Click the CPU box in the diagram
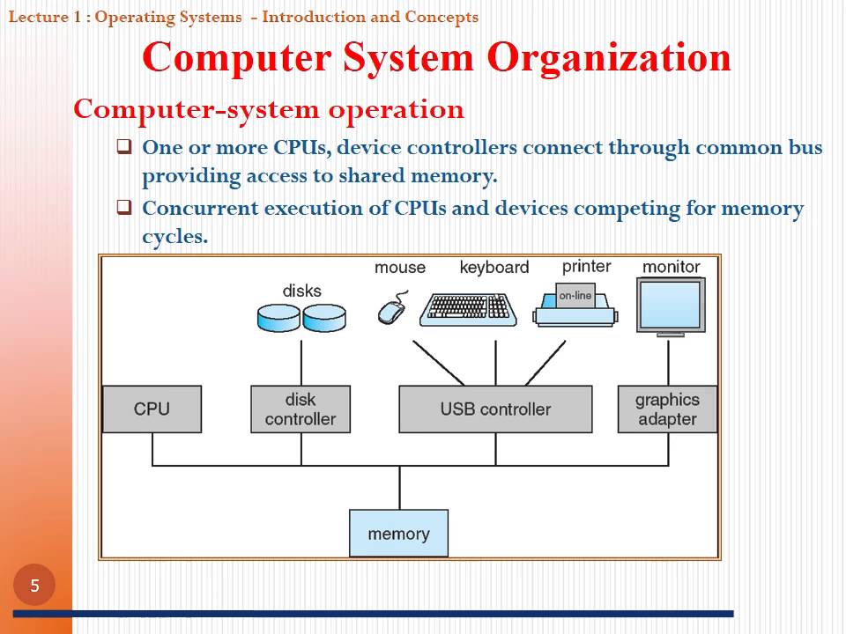[x=152, y=409]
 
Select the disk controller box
[x=300, y=409]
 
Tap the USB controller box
[x=495, y=409]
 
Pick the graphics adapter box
[x=667, y=409]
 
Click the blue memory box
[x=398, y=533]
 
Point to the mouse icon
[x=391, y=311]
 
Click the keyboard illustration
[x=467, y=309]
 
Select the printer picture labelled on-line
[x=575, y=305]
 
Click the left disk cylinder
[x=278, y=318]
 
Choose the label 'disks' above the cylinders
[x=301, y=291]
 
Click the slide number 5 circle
[x=34, y=586]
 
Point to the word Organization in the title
[x=609, y=58]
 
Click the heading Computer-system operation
[x=269, y=109]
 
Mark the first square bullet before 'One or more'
[x=124, y=146]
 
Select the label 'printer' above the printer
[x=586, y=266]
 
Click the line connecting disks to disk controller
[x=301, y=361]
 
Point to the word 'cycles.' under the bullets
[x=174, y=236]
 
